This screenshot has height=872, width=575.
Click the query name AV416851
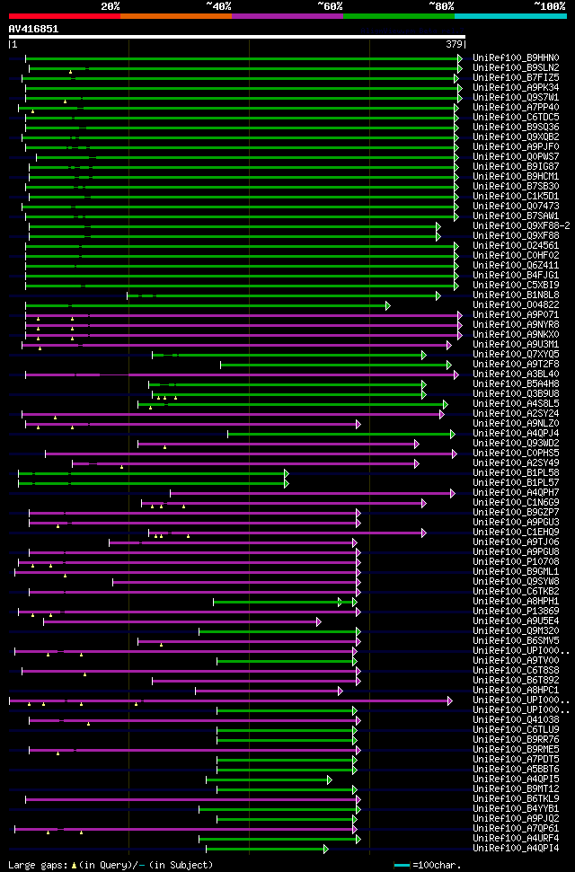[33, 29]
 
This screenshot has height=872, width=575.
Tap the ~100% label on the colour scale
[549, 6]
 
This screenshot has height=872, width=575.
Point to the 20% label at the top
[110, 6]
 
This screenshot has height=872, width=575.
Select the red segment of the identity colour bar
[64, 16]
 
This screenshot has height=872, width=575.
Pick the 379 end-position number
[454, 43]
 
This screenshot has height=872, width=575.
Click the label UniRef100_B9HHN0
[515, 57]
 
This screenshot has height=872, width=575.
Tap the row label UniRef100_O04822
[515, 305]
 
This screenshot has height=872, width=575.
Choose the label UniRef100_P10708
[515, 562]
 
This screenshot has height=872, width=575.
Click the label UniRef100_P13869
[515, 612]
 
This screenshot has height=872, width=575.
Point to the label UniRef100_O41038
[515, 720]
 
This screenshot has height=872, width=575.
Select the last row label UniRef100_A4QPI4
[515, 849]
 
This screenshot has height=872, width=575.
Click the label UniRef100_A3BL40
[515, 374]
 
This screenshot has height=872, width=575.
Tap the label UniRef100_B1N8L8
[515, 295]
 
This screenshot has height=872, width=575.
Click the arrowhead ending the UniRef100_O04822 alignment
[388, 305]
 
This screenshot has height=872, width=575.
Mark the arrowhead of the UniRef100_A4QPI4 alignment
[325, 849]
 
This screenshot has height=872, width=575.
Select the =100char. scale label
[437, 865]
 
